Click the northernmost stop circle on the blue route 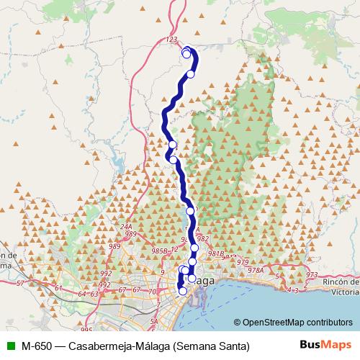(186, 50)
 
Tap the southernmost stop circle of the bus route (182, 291)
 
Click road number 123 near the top (171, 40)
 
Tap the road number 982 (202, 239)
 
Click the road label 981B (217, 253)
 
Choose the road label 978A (256, 270)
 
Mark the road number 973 (311, 275)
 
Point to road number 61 (58, 288)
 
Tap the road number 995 (87, 329)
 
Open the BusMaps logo (324, 345)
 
